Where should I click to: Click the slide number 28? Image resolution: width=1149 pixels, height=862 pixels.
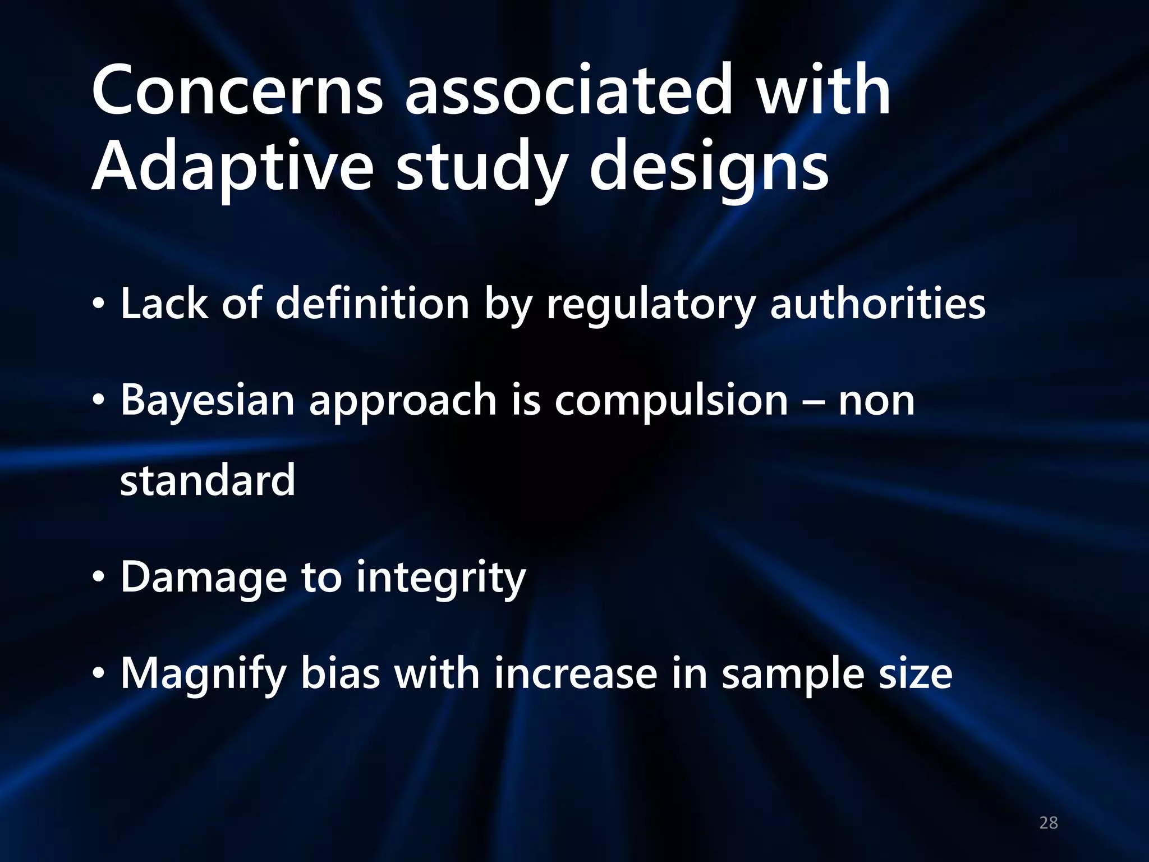click(x=1049, y=823)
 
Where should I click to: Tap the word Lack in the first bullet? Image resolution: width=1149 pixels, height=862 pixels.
click(x=164, y=303)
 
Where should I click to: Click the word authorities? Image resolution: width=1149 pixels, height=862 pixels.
click(x=877, y=303)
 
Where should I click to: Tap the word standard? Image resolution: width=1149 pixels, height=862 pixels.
click(x=208, y=480)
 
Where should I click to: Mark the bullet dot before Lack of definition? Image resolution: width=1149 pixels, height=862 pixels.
click(x=99, y=304)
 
